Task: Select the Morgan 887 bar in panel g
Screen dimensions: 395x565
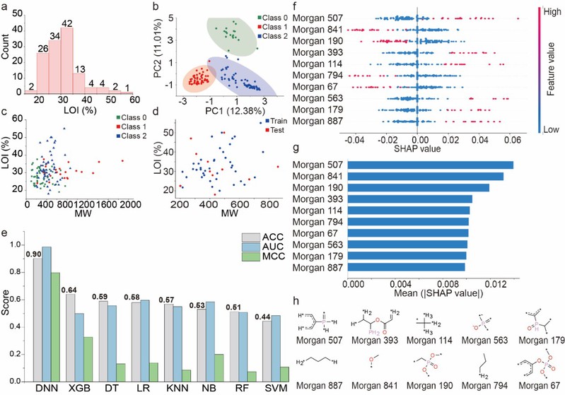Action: [408, 267]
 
